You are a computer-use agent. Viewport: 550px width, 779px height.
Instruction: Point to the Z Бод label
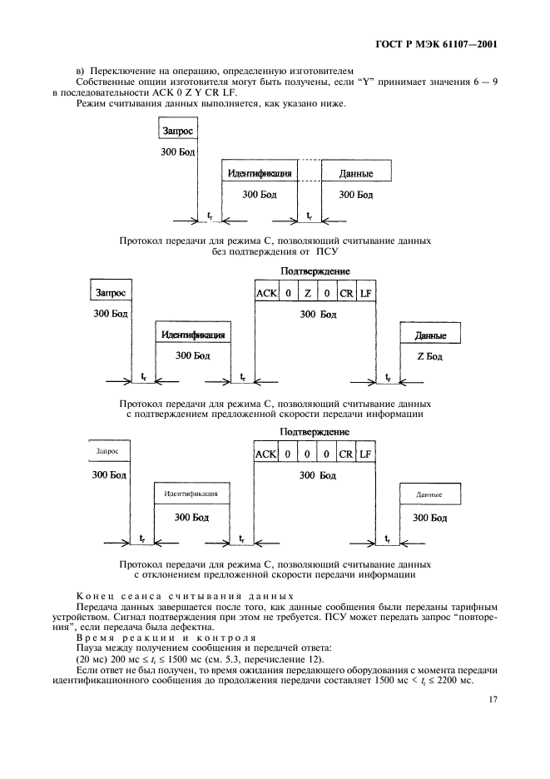pyautogui.click(x=429, y=356)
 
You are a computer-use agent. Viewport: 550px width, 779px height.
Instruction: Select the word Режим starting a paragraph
pyautogui.click(x=92, y=104)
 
